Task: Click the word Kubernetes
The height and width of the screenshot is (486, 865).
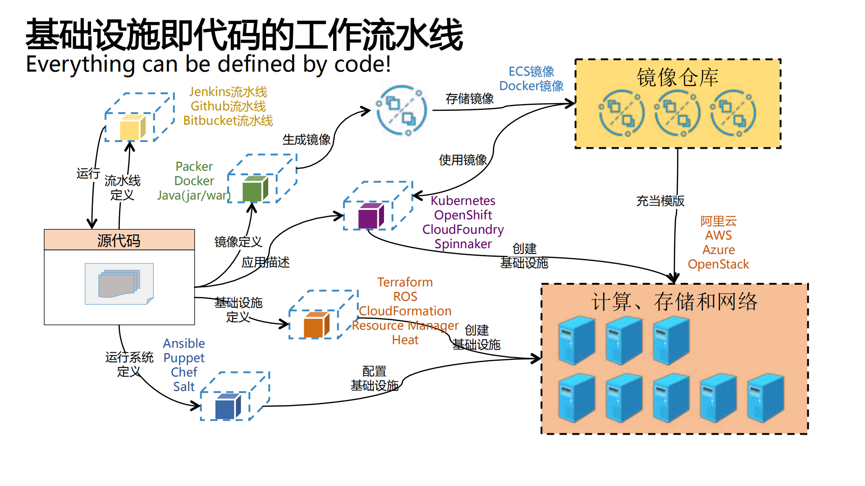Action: point(462,200)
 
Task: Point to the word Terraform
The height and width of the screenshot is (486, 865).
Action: point(405,282)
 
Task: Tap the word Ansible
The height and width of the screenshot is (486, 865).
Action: point(184,344)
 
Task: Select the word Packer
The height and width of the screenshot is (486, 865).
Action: point(194,167)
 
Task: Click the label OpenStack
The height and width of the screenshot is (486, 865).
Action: point(718,264)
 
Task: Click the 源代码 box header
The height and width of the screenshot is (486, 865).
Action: point(119,240)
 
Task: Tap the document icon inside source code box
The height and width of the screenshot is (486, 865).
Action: point(119,284)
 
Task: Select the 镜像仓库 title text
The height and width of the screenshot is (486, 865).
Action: point(677,77)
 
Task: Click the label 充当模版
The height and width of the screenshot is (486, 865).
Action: point(660,201)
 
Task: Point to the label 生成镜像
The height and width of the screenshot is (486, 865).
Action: point(306,140)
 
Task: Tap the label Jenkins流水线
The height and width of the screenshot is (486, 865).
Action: point(228,92)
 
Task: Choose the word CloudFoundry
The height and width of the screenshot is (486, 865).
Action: point(462,229)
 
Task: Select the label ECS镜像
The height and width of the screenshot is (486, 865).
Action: point(531,72)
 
